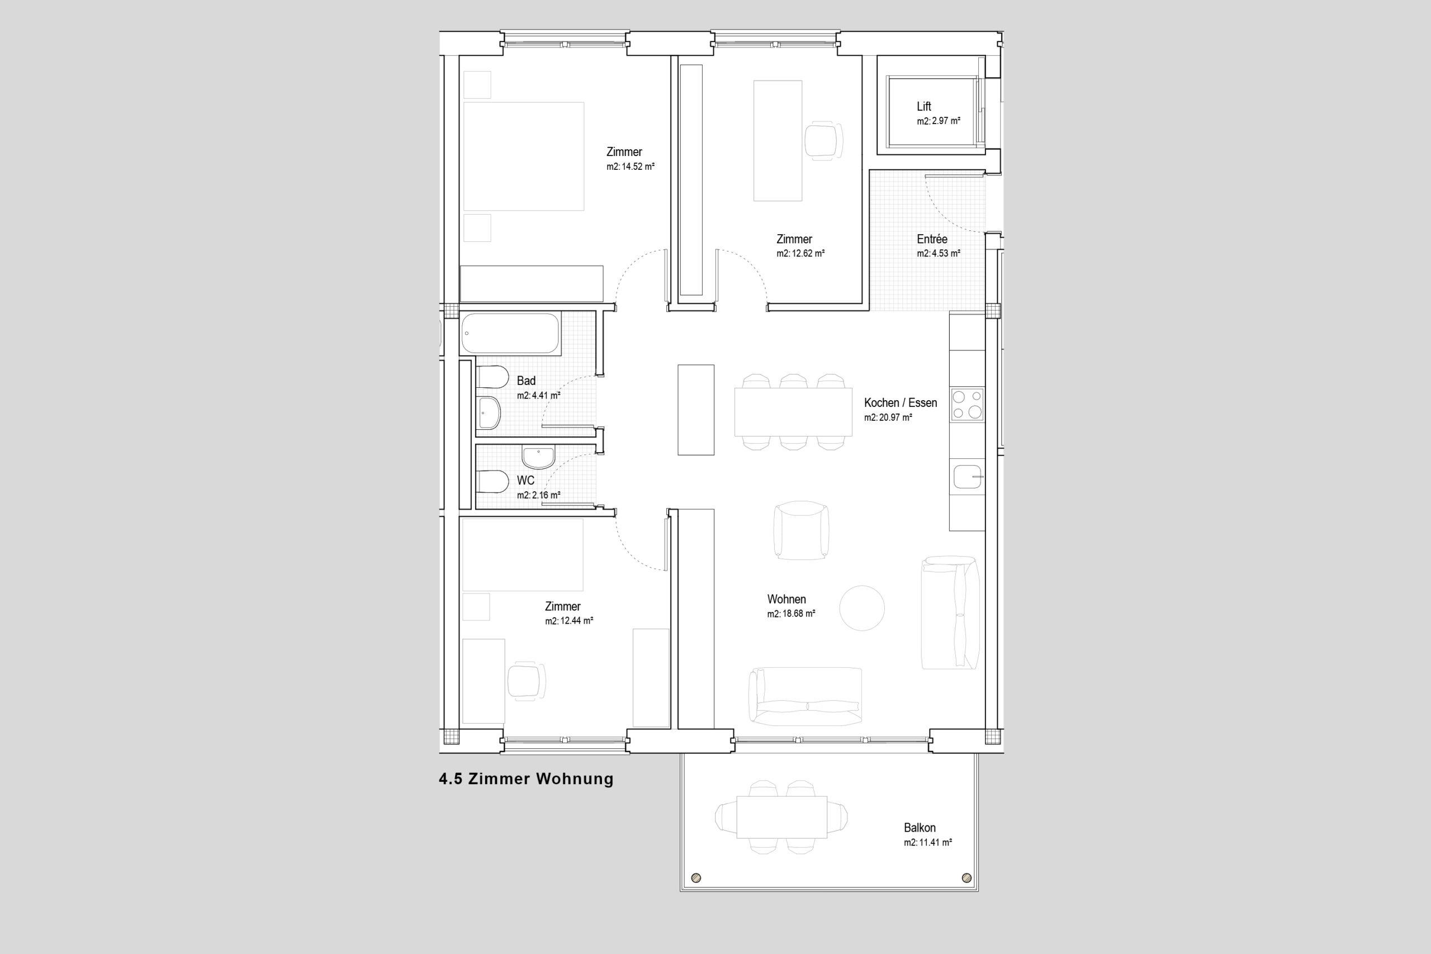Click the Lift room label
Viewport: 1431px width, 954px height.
[923, 107]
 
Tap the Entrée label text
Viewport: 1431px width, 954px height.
[932, 239]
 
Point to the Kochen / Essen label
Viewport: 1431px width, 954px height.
[901, 403]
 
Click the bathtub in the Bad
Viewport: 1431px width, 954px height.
[510, 334]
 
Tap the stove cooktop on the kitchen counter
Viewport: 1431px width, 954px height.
[968, 405]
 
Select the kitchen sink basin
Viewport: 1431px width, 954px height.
[968, 476]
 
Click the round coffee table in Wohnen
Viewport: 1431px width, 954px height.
[862, 608]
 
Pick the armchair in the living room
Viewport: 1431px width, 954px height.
[801, 530]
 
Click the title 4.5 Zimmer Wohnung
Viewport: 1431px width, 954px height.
[526, 779]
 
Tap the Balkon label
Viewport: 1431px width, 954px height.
[920, 828]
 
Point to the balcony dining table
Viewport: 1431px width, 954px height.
[782, 817]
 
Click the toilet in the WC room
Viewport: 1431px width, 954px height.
[492, 482]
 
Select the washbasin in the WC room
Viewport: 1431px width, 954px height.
[538, 458]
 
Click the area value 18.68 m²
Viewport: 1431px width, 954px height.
[798, 614]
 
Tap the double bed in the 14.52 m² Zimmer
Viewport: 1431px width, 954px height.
[524, 156]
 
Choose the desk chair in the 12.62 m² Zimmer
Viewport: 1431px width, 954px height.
[824, 140]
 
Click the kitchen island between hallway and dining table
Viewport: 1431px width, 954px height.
[696, 410]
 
